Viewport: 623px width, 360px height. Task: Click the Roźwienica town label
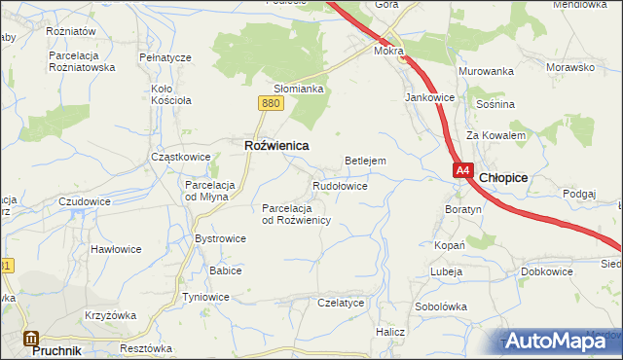point(275,145)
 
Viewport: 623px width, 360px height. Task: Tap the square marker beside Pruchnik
point(30,340)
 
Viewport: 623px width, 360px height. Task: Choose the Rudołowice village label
point(340,185)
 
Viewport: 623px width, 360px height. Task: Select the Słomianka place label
point(298,89)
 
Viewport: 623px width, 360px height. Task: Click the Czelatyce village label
point(341,303)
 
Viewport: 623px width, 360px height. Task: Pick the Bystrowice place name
point(221,238)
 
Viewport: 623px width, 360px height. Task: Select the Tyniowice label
point(206,297)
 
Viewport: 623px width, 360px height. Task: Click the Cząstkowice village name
point(180,157)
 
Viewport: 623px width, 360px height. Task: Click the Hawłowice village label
point(116,249)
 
